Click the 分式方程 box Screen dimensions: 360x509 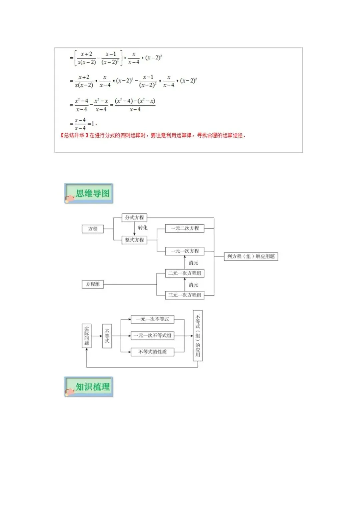(x=134, y=218)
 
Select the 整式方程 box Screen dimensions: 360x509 (x=134, y=240)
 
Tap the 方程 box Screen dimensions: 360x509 (x=93, y=229)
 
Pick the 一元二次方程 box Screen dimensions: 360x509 (x=185, y=228)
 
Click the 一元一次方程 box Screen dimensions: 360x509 (x=185, y=251)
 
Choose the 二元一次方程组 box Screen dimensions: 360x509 (x=185, y=273)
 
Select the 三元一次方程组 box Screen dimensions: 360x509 (x=185, y=295)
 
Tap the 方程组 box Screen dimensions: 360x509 (x=93, y=284)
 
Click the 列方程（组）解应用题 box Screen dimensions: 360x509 (x=251, y=256)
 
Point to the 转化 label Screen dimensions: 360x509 (x=143, y=228)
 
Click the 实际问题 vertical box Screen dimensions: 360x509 (x=87, y=336)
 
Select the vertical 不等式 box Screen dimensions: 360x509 (x=107, y=336)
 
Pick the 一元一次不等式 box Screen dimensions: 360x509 (x=152, y=319)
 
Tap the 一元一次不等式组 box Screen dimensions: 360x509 (x=152, y=336)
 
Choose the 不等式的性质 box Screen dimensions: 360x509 (x=152, y=352)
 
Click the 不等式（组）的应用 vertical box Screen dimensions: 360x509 (x=198, y=336)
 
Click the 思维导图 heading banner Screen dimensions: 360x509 (x=89, y=193)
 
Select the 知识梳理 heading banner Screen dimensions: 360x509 (x=89, y=387)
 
